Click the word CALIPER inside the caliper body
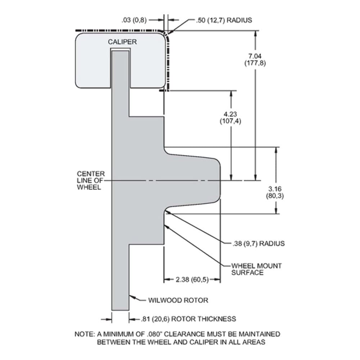point(122,42)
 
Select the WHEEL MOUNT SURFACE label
point(256,269)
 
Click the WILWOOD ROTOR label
point(178,300)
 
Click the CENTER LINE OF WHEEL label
point(91,180)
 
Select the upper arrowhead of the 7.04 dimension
point(256,34)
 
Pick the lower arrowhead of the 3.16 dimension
point(276,211)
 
